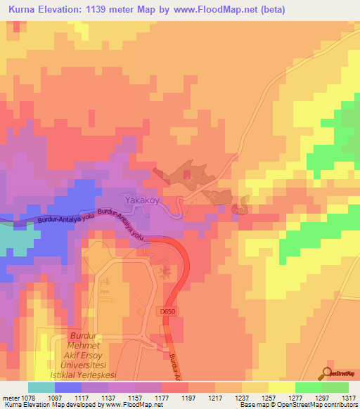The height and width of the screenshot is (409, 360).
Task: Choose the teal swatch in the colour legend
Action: click(x=41, y=387)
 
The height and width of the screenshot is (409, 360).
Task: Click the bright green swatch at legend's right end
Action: click(x=335, y=387)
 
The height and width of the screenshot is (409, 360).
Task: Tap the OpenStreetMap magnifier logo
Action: click(x=328, y=374)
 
